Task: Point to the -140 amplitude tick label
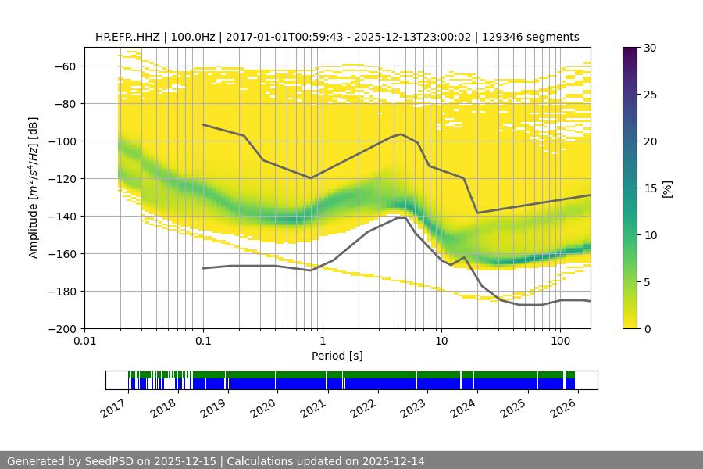[66, 217]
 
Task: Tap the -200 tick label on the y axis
[66, 329]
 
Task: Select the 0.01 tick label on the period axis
[84, 342]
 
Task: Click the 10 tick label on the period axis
[441, 342]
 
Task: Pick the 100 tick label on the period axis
[559, 342]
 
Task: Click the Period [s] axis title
[337, 356]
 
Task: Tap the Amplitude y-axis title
[33, 188]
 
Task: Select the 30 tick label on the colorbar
[650, 48]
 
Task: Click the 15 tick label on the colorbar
[650, 188]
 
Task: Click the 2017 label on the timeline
[113, 407]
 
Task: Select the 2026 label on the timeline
[562, 407]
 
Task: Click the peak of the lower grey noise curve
[401, 217]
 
